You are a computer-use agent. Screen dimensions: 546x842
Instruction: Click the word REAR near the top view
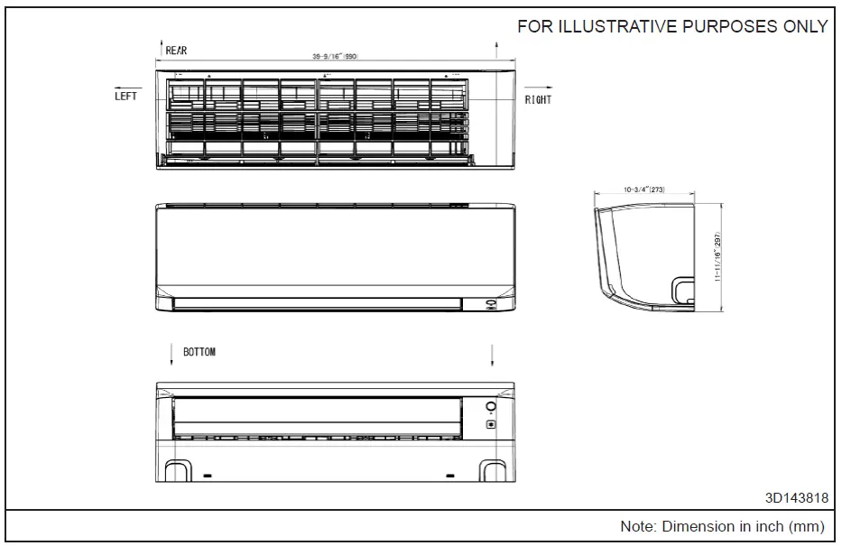tap(177, 51)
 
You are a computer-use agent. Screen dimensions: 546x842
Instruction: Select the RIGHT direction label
tap(538, 99)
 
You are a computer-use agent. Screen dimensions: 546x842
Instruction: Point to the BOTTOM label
tap(199, 352)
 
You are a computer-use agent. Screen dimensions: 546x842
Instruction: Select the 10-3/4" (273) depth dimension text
tap(643, 190)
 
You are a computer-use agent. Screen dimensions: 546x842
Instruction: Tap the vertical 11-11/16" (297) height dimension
tap(718, 255)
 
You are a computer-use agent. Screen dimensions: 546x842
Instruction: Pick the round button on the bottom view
tap(491, 407)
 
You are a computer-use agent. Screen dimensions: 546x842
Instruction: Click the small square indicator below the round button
tap(491, 423)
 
